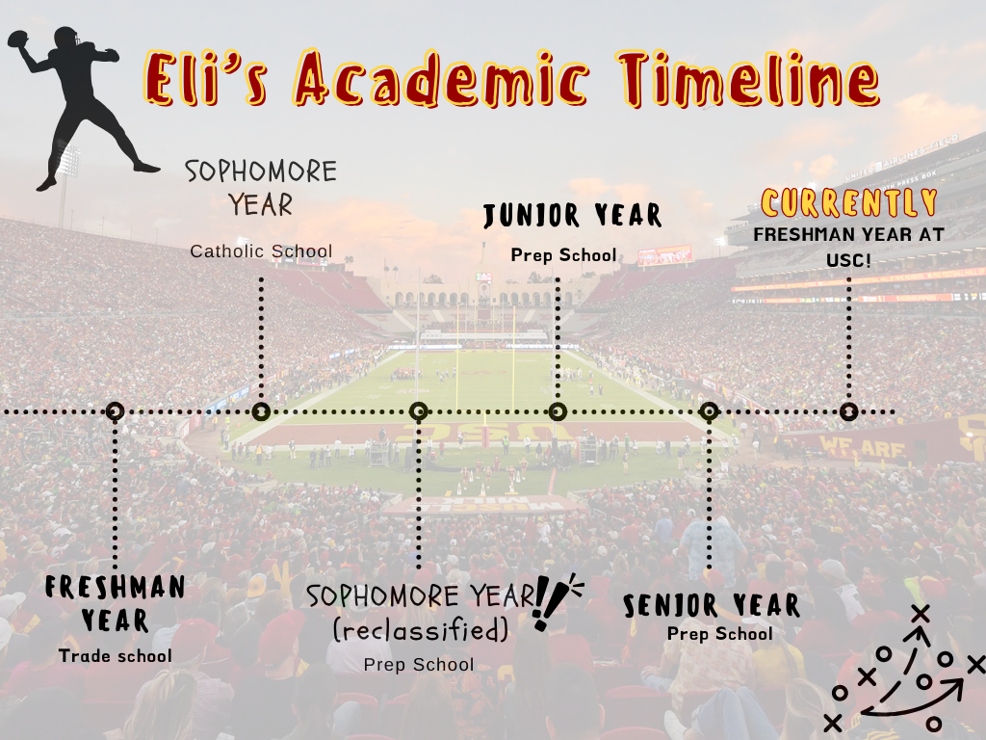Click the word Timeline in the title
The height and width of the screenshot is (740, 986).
[748, 79]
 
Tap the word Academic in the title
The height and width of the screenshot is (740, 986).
[442, 78]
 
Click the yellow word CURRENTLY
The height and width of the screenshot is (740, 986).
[849, 202]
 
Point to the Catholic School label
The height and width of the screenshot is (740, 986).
[262, 251]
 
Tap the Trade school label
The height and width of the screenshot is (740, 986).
[116, 655]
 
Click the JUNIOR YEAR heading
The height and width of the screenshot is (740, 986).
[572, 216]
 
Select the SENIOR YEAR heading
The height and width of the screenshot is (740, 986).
[712, 605]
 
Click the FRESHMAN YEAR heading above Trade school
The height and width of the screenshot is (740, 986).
[116, 603]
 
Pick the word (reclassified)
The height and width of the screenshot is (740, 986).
[420, 630]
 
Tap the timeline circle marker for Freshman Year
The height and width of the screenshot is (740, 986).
[115, 412]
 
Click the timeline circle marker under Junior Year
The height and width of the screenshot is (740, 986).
[558, 412]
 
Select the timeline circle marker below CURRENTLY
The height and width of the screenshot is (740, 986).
[849, 412]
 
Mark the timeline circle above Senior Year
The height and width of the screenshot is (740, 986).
[710, 412]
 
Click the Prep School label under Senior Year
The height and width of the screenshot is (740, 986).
[720, 634]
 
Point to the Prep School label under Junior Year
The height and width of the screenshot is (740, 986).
[564, 254]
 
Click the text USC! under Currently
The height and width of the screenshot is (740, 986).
[848, 260]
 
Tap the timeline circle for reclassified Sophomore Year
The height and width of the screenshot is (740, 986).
[418, 412]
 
